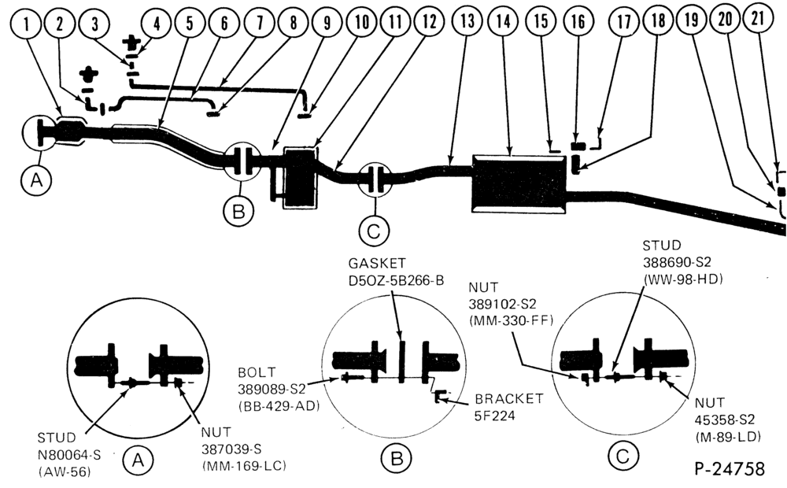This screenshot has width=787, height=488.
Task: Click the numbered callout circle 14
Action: tap(504, 22)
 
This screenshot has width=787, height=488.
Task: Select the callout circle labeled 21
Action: tap(758, 19)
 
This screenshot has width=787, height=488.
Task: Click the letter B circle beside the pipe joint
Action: tap(239, 212)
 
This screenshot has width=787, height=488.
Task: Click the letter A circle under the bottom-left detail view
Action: tap(138, 460)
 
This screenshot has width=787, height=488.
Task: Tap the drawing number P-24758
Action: tap(730, 469)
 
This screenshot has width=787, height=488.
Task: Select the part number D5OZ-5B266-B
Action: tap(397, 280)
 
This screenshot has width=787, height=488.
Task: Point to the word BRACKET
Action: tap(509, 398)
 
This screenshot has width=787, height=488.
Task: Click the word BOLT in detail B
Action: tap(257, 372)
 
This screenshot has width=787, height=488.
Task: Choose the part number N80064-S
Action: tap(69, 455)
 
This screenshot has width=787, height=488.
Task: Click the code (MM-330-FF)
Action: tap(511, 321)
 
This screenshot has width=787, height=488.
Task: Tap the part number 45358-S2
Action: tap(725, 420)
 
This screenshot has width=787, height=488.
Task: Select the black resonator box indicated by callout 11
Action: tap(300, 177)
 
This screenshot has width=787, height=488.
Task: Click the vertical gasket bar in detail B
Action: tap(401, 362)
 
